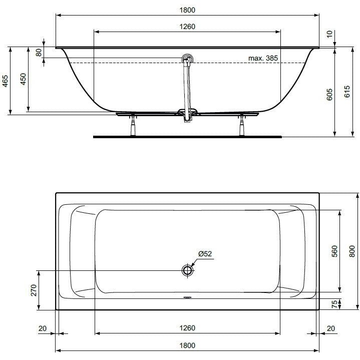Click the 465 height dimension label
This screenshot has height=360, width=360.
(x=5, y=81)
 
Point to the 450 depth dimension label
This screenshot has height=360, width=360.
(x=23, y=79)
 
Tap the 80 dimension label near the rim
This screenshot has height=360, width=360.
(x=39, y=53)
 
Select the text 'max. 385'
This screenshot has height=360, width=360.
(x=263, y=58)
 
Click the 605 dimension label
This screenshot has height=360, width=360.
(x=329, y=94)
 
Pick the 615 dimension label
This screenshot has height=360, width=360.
(x=347, y=92)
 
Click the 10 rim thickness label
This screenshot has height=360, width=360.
(x=329, y=34)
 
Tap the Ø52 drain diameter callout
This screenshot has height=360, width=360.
(x=205, y=254)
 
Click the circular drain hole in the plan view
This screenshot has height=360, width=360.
(x=188, y=270)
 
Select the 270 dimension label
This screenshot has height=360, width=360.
(x=34, y=290)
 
